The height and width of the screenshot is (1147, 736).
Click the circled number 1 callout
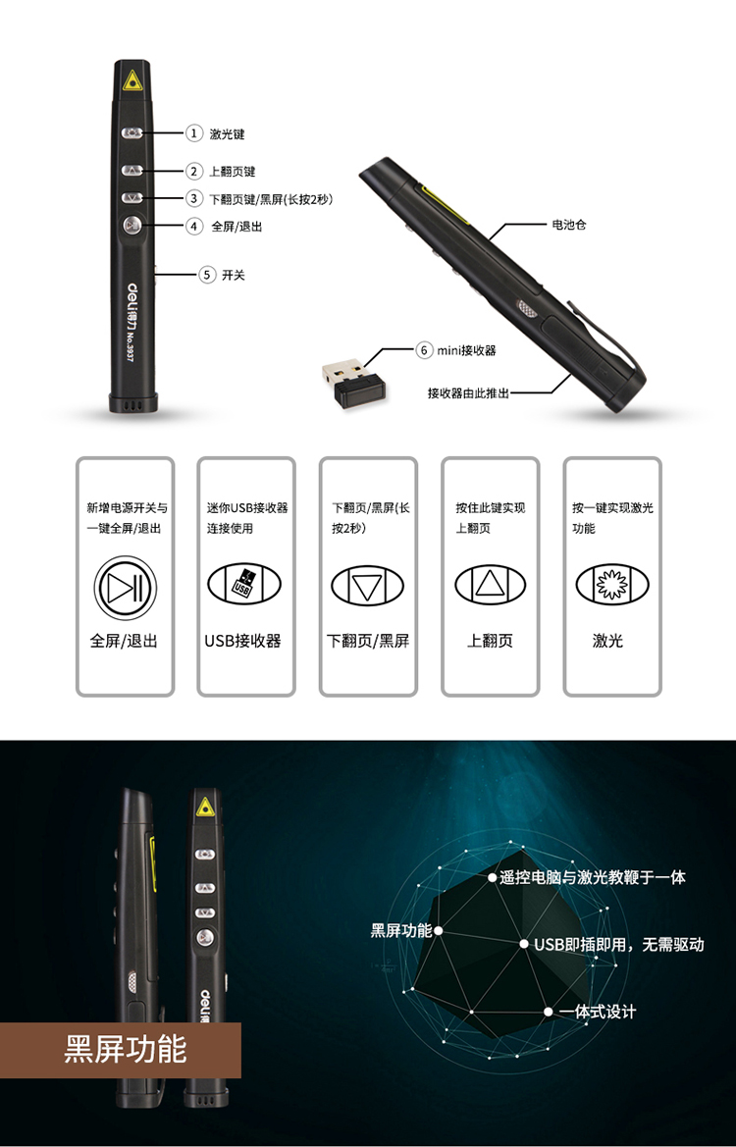coord(193,133)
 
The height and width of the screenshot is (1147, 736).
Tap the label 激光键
coord(227,133)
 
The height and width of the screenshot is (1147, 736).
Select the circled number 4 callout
coord(193,226)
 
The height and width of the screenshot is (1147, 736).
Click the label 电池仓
coord(569,225)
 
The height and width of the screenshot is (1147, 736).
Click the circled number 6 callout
coord(424,350)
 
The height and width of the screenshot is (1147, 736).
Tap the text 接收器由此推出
coord(467,392)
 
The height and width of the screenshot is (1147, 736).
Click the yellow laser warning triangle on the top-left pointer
coord(131,79)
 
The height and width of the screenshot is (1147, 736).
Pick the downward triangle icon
coord(367,585)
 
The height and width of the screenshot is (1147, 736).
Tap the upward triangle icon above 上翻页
coord(491,585)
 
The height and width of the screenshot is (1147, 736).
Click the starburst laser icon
coord(611,584)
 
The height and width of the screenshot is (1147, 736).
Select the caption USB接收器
coord(243,641)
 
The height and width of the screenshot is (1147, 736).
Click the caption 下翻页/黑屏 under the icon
coord(368,641)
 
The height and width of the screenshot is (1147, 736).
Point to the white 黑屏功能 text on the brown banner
coord(125,1049)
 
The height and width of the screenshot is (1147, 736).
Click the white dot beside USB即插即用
coord(524,944)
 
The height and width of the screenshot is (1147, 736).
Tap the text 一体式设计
coord(598,1012)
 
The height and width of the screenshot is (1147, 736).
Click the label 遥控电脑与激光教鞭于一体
coord(593,877)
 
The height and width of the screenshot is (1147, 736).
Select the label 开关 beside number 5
coord(234,275)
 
